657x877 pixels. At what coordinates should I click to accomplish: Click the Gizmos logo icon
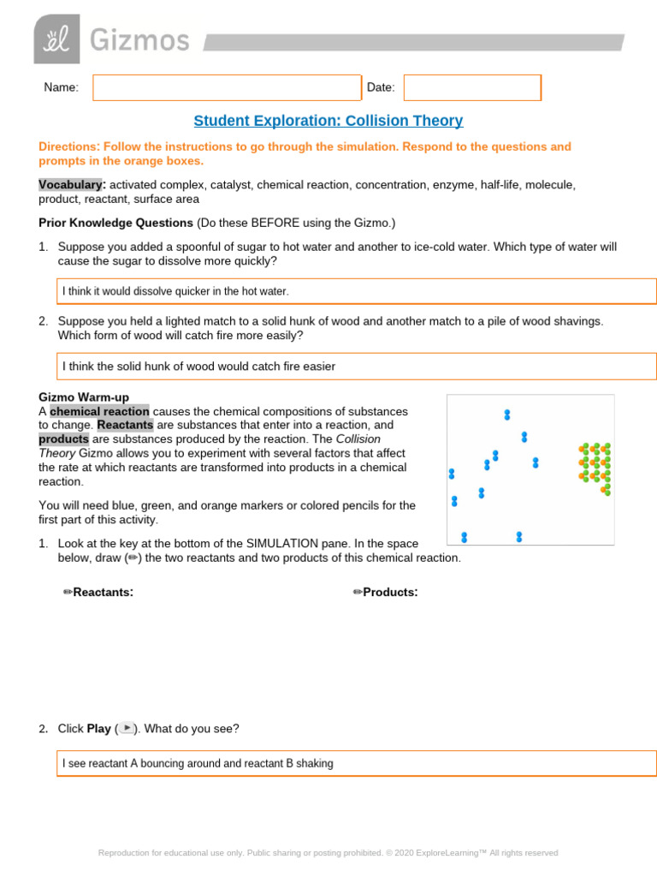tap(56, 39)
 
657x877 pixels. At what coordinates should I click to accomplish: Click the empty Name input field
tap(227, 87)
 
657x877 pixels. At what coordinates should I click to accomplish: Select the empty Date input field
tap(472, 87)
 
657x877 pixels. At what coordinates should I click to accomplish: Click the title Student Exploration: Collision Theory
tap(328, 121)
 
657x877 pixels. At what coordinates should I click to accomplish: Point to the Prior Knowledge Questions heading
tap(115, 223)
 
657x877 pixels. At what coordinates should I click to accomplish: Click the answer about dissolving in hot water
tap(175, 291)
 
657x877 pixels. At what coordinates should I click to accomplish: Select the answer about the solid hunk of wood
tap(198, 367)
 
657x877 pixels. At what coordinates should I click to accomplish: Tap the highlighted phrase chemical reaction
tap(99, 411)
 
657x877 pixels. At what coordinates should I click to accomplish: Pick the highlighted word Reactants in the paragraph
tap(125, 425)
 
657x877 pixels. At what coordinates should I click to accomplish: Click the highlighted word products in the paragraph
tap(63, 439)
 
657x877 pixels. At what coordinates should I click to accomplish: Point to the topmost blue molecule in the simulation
tap(507, 415)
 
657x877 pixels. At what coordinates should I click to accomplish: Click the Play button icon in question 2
tap(127, 728)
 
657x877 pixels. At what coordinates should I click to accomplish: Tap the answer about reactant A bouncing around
tap(198, 763)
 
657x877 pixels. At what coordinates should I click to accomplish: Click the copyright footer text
tap(328, 853)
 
